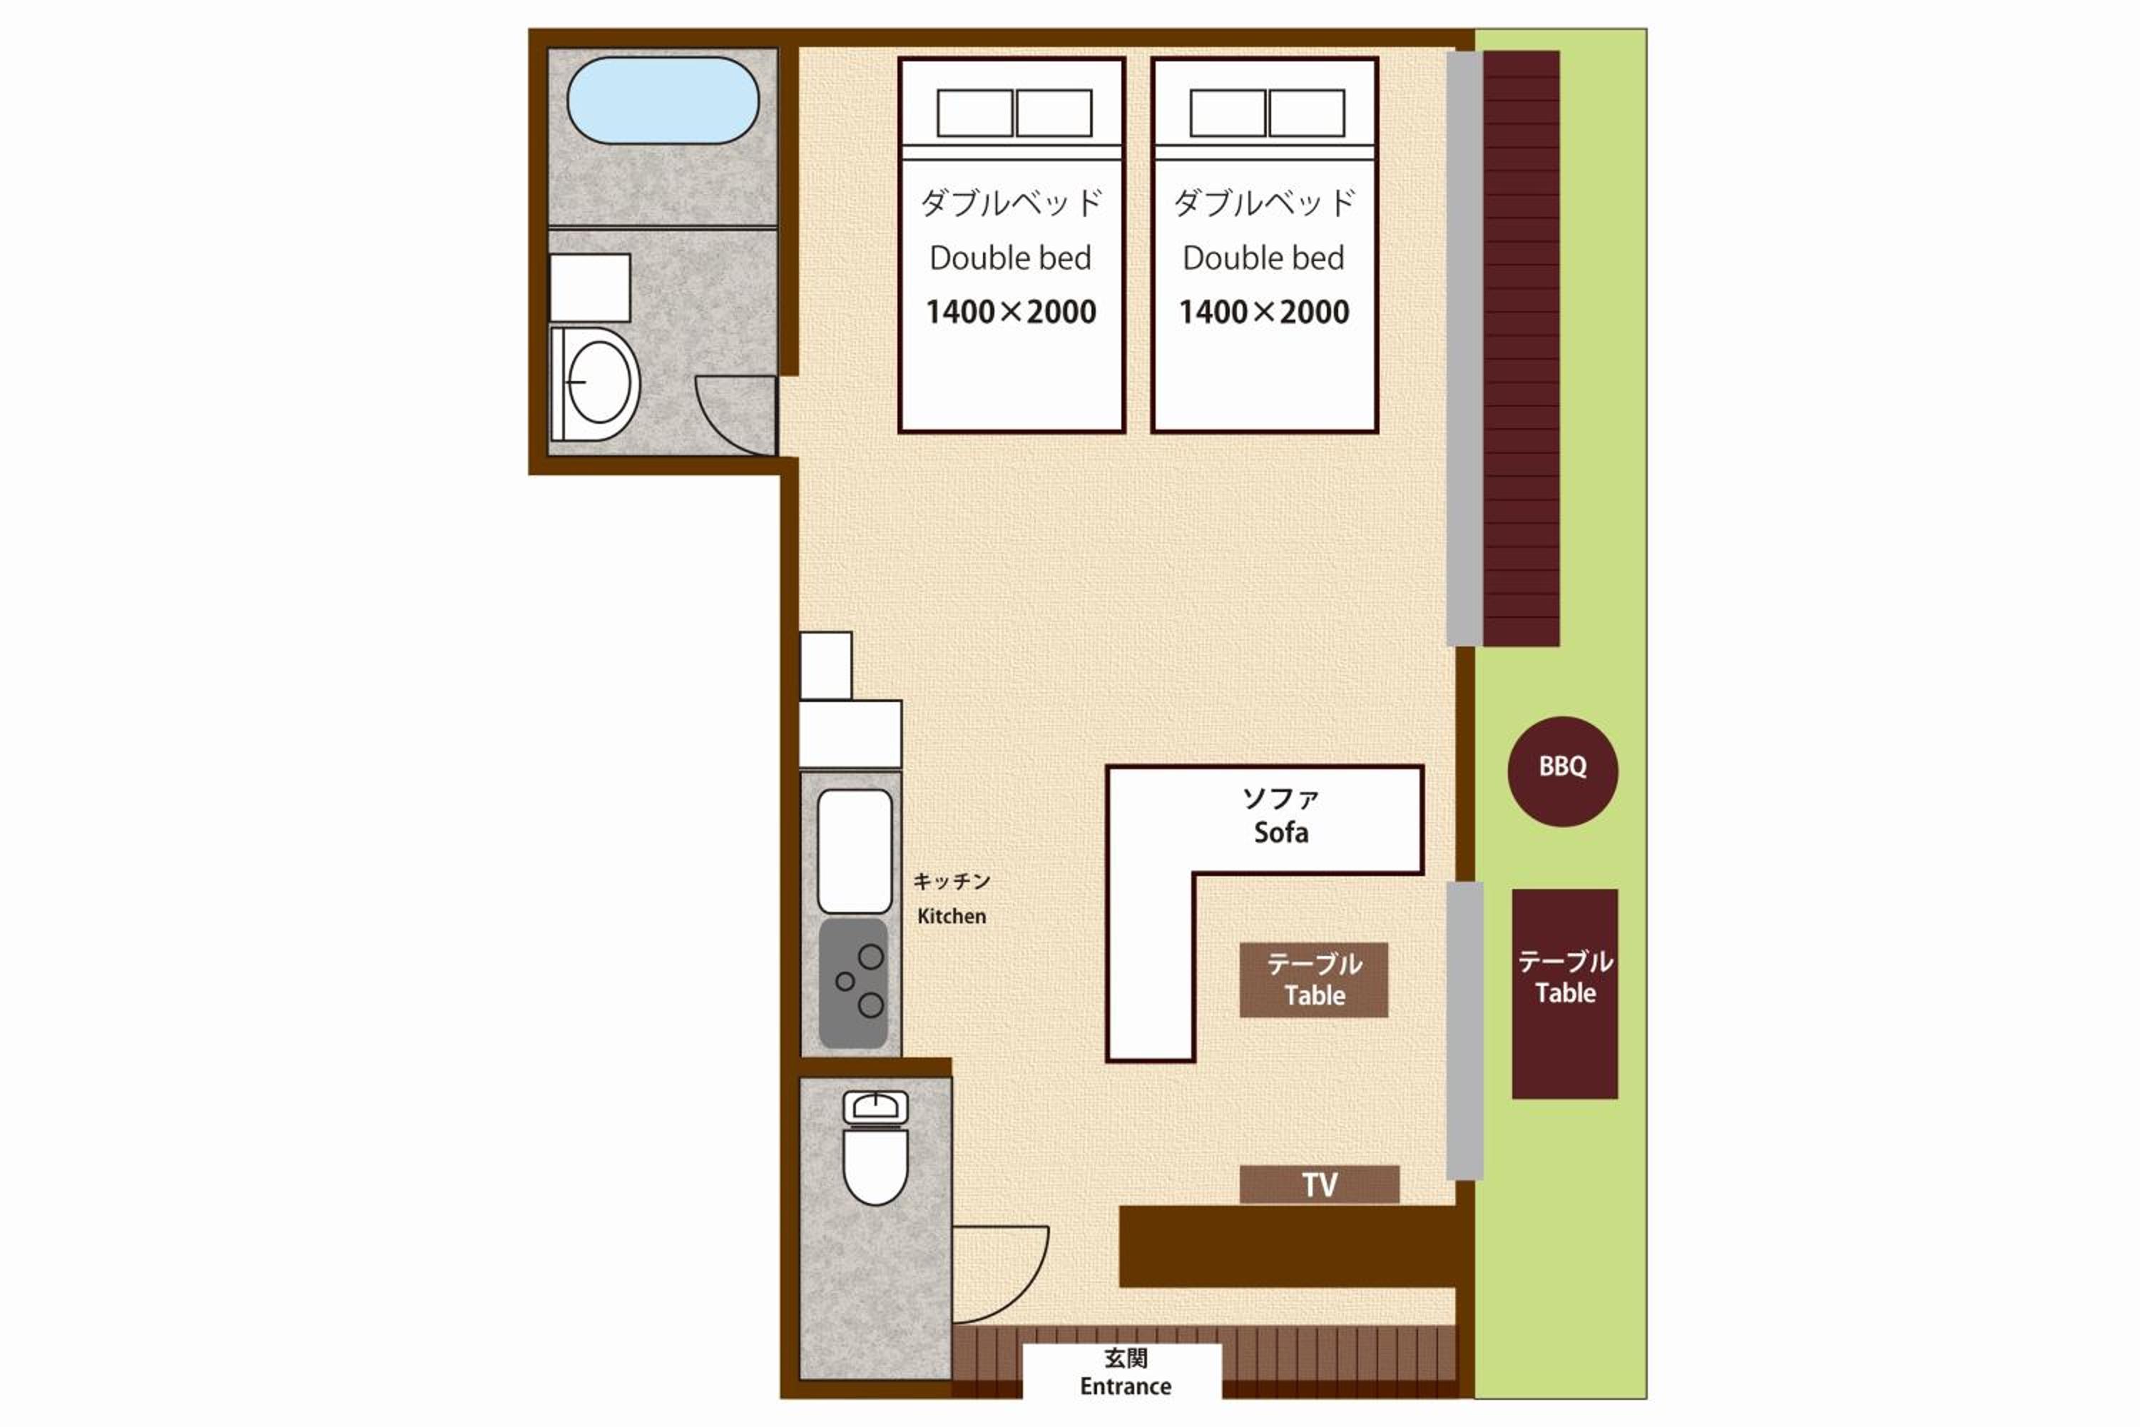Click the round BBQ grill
tap(1562, 772)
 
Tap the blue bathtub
tap(663, 100)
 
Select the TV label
tap(1319, 1184)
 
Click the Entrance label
tap(1126, 1386)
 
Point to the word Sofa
tap(1281, 832)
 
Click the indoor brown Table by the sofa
tap(1314, 979)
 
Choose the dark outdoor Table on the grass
tap(1565, 994)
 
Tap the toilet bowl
tap(875, 1166)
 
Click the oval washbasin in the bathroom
tap(597, 383)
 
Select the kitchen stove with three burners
tap(853, 983)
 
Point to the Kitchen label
tap(952, 915)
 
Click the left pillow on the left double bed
tap(974, 113)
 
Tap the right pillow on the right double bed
tap(1307, 113)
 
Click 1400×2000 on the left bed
tap(1011, 313)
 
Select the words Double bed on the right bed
tap(1263, 258)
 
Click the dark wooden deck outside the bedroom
tap(1522, 349)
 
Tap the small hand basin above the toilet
tap(875, 1107)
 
